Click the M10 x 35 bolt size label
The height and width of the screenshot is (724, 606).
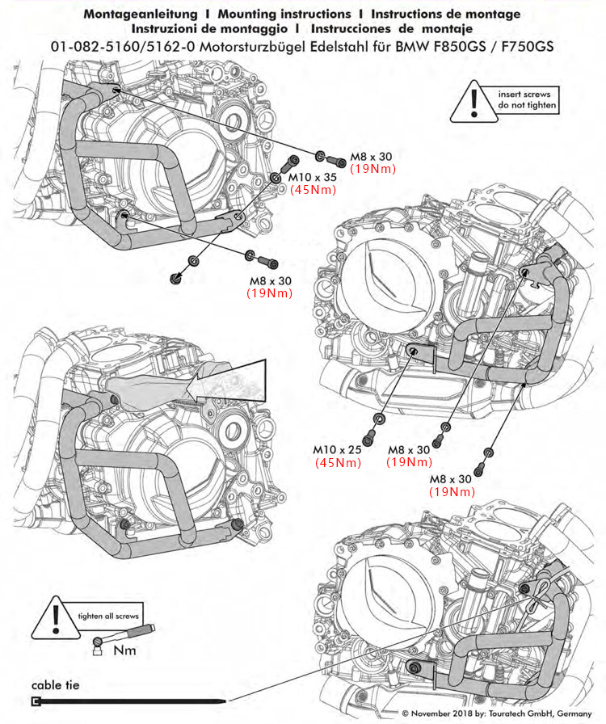pyautogui.click(x=312, y=177)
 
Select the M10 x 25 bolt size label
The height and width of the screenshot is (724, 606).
pyautogui.click(x=337, y=449)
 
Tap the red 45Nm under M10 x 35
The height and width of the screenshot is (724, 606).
pyautogui.click(x=314, y=189)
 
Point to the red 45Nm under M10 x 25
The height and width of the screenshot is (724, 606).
pyautogui.click(x=338, y=462)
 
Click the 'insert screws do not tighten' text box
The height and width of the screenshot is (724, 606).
pyautogui.click(x=526, y=99)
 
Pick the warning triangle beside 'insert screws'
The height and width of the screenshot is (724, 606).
pyautogui.click(x=474, y=103)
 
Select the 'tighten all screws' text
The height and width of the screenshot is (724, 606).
pyautogui.click(x=108, y=616)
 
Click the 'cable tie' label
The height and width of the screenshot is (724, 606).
pyautogui.click(x=56, y=684)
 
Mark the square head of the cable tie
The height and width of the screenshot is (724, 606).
pyautogui.click(x=35, y=701)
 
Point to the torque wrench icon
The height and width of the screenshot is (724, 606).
pyautogui.click(x=125, y=635)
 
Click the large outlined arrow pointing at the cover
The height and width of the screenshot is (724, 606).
pyautogui.click(x=226, y=381)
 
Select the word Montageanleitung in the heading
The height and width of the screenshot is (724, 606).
pyautogui.click(x=141, y=15)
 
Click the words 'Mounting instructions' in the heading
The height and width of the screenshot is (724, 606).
pyautogui.click(x=284, y=14)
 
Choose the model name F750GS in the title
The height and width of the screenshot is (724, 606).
pyautogui.click(x=527, y=47)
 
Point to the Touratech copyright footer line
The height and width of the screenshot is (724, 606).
pyautogui.click(x=497, y=713)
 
